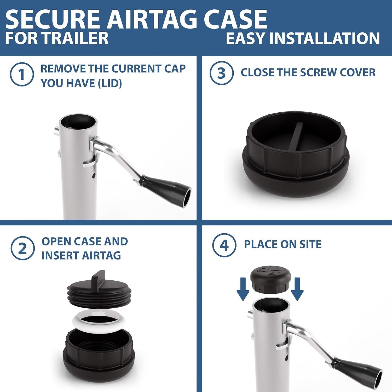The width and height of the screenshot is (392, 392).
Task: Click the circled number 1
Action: point(22,74)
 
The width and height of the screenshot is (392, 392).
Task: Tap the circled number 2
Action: point(22,248)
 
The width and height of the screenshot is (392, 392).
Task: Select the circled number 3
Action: point(221,73)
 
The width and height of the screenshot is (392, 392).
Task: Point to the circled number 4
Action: point(224,245)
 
